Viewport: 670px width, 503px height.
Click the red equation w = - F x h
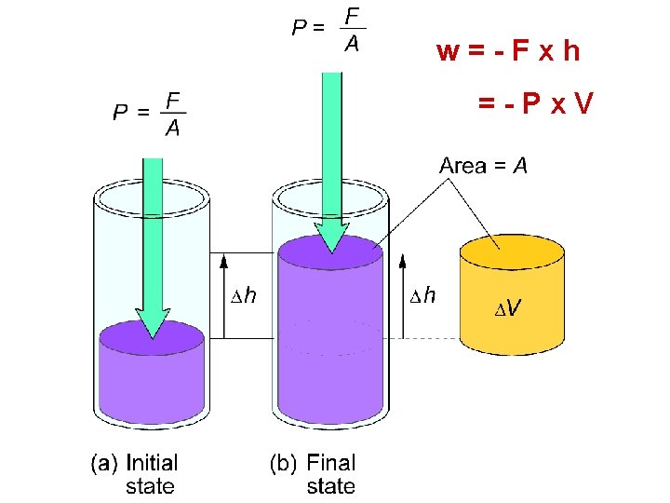tap(508, 50)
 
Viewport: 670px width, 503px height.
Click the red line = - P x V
tap(535, 103)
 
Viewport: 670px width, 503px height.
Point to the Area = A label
tap(483, 166)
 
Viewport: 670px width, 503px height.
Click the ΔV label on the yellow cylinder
tap(507, 306)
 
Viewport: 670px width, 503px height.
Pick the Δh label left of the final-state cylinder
tap(244, 296)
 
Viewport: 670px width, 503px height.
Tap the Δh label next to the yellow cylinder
tap(423, 296)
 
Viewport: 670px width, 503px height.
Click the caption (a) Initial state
tap(136, 473)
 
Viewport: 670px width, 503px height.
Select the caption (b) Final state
tap(314, 473)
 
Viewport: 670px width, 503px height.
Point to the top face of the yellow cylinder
tap(511, 250)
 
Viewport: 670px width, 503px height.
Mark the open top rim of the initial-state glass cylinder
tap(152, 197)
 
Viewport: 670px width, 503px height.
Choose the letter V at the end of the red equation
tap(582, 103)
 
